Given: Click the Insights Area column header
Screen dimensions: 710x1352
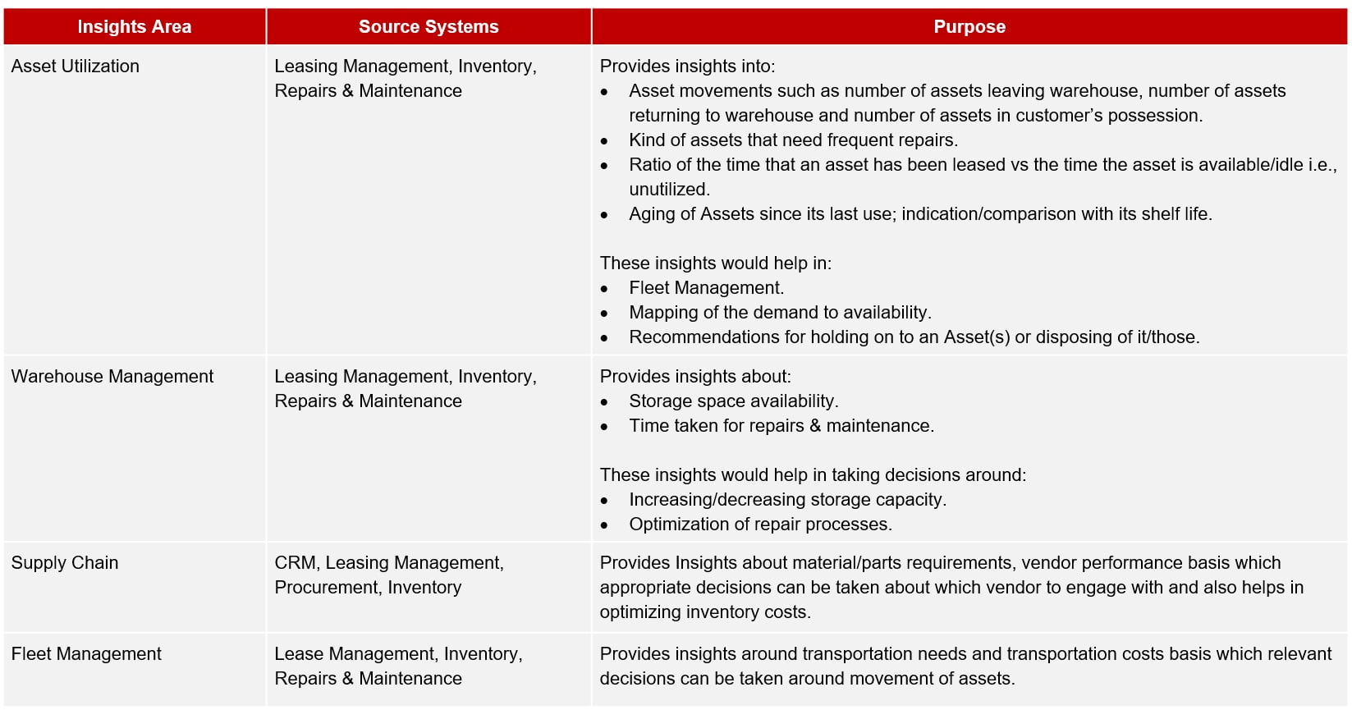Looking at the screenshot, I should point(134,27).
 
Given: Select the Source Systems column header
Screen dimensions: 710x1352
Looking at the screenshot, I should point(428,27).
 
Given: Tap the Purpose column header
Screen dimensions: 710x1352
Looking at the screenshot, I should point(969,27).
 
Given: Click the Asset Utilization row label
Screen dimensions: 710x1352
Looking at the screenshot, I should point(76,66).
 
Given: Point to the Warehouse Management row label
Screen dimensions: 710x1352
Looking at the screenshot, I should point(112,377).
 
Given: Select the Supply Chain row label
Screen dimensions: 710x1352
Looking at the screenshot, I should point(65,563).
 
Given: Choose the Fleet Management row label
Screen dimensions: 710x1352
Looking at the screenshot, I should point(86,654).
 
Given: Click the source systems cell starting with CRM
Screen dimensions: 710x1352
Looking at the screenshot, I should point(388,575).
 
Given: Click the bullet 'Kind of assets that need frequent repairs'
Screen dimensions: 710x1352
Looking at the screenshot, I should point(793,140).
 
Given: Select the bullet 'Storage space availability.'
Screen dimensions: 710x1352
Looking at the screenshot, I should point(733,401).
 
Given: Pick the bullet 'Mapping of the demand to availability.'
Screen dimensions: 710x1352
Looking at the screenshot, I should point(780,313).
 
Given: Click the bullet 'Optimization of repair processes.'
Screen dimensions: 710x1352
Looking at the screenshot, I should point(760,524).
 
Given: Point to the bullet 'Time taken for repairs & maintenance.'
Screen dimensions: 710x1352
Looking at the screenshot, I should point(781,426).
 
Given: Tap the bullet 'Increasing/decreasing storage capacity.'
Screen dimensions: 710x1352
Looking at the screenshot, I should point(787,500).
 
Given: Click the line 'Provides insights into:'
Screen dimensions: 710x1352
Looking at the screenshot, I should point(687,66).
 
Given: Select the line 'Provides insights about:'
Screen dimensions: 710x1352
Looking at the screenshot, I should point(695,377).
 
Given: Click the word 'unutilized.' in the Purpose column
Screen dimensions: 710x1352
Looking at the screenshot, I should point(669,190).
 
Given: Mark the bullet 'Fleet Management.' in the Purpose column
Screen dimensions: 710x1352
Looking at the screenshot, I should point(706,288).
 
